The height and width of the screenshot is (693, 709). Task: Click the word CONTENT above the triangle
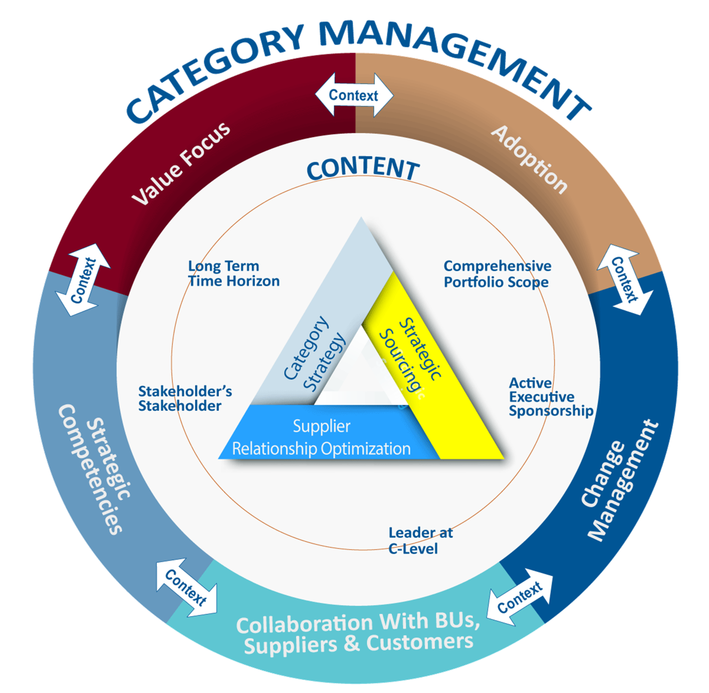pyautogui.click(x=363, y=169)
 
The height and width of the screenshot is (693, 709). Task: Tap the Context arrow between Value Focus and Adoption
pyautogui.click(x=354, y=95)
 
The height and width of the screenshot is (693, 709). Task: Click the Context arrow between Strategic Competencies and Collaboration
pyautogui.click(x=186, y=588)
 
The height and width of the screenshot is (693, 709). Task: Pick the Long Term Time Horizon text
pyautogui.click(x=234, y=274)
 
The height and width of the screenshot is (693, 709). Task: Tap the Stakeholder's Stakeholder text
pyautogui.click(x=185, y=399)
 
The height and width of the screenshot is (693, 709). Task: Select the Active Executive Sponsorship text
pyautogui.click(x=550, y=397)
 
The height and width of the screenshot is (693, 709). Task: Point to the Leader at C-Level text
pyautogui.click(x=420, y=540)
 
